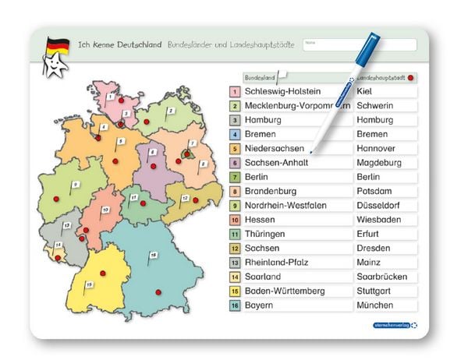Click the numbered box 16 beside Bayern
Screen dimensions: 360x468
pos(234,305)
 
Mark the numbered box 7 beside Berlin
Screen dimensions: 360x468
pos(234,177)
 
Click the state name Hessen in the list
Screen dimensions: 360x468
pos(260,220)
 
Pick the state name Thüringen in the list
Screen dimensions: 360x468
pos(264,234)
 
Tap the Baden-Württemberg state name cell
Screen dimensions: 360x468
pos(285,291)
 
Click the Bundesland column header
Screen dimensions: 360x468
pos(261,78)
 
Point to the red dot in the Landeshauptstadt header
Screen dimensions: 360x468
pos(410,78)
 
